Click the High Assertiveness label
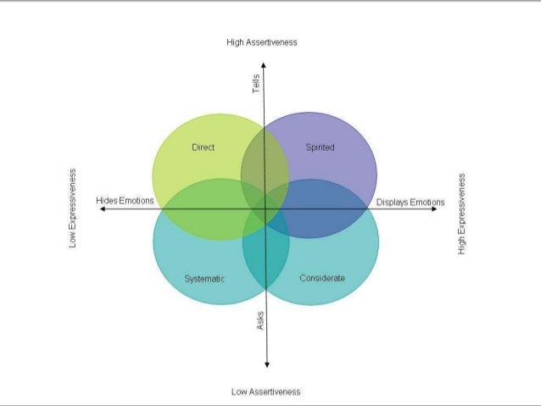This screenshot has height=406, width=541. coord(262,42)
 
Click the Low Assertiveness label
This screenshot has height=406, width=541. coord(265,392)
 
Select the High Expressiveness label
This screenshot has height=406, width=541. coord(461,214)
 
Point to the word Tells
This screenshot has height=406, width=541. coord(257,85)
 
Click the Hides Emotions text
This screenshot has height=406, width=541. coord(125,202)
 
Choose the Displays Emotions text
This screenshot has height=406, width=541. coord(410,203)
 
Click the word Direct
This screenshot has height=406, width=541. coord(204,147)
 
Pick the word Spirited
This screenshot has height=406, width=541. coord(320,147)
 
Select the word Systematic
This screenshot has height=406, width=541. coord(204,278)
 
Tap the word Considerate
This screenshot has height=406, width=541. coord(322,278)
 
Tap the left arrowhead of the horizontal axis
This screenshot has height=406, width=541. coord(102,209)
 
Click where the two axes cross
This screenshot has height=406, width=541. coord(266,209)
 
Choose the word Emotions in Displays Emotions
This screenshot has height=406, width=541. coord(427,203)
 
